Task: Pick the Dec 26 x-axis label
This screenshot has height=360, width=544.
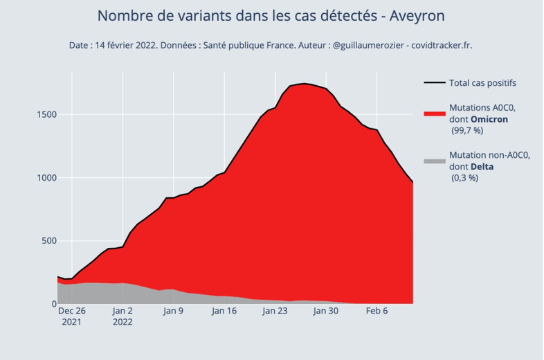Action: coord(72,311)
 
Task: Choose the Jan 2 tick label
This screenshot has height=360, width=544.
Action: coord(123,311)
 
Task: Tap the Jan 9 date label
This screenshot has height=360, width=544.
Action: coord(173,311)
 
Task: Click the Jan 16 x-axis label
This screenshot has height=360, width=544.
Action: coord(224,311)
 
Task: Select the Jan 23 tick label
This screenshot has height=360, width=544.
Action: coord(275,311)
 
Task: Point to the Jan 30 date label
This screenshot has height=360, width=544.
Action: coord(325,311)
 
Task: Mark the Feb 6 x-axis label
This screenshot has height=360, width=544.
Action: coord(377,311)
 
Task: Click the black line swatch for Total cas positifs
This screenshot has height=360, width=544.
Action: coord(434,83)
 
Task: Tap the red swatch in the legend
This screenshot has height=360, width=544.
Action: coord(434,114)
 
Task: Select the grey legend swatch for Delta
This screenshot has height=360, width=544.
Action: coord(434,161)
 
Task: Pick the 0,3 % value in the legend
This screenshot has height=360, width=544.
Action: coord(464,178)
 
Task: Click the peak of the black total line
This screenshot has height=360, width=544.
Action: coord(305,84)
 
